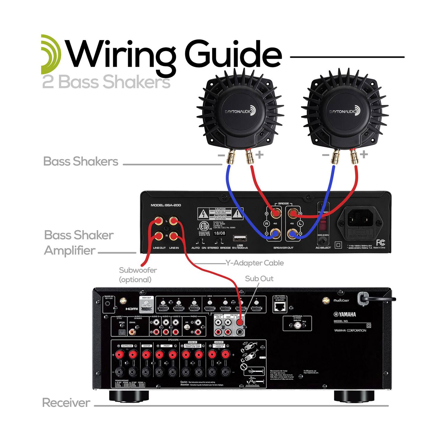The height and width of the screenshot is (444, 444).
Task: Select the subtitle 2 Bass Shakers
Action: (x=106, y=82)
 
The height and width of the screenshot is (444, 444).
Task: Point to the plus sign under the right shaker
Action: (x=364, y=154)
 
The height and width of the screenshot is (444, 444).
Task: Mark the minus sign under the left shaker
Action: (x=221, y=155)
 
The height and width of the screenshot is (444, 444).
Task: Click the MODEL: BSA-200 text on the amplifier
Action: (x=166, y=205)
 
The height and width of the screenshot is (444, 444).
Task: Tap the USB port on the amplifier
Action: (x=240, y=239)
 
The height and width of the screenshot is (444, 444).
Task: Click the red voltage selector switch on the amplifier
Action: (x=323, y=224)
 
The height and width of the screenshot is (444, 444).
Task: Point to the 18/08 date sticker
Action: (x=220, y=233)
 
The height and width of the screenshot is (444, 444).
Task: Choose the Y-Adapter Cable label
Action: (x=255, y=263)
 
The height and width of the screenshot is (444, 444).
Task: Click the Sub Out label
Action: (x=259, y=279)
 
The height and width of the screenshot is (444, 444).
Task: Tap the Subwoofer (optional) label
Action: (x=138, y=274)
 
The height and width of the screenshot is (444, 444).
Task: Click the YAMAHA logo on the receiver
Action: (x=345, y=314)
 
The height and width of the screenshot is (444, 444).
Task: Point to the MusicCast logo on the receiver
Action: (x=341, y=300)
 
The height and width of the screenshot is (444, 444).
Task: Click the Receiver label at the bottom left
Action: (x=66, y=403)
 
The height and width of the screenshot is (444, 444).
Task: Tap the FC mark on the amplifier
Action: (x=380, y=243)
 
